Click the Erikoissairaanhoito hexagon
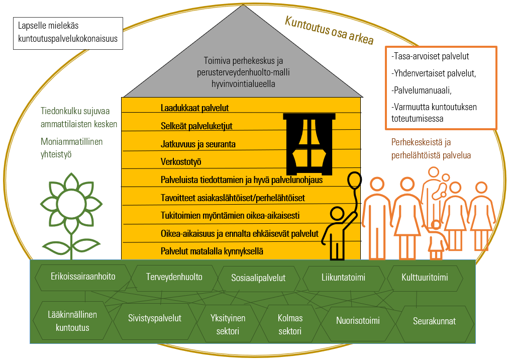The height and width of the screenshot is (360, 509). point(83,277)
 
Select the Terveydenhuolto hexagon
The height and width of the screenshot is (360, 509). point(174,277)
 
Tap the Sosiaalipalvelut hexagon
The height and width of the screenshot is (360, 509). point(258,278)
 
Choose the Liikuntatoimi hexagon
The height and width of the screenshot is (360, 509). point(343,277)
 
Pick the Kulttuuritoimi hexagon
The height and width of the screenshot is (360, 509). point(425,277)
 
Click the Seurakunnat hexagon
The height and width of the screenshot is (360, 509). point(434,321)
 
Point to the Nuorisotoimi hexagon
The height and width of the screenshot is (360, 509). point(357,321)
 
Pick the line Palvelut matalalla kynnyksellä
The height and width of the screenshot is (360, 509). point(212,251)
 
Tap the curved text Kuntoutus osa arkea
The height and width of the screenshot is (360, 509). point(329,30)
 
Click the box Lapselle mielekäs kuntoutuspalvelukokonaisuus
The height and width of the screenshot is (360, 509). point(68,33)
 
